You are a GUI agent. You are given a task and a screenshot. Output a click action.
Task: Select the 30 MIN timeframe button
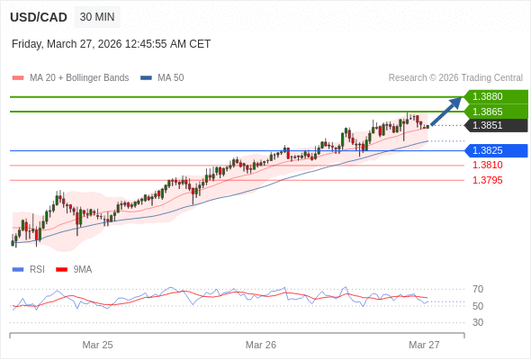coord(97,16)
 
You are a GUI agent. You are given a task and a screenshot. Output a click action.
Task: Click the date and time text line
coord(112,43)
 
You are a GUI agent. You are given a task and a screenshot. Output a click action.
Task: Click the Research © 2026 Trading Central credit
coord(455,77)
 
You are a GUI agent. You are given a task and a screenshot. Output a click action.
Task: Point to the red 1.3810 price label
coord(487,165)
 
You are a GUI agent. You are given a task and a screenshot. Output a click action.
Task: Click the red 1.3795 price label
coord(487,180)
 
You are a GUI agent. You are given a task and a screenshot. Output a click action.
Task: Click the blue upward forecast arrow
coord(446,112)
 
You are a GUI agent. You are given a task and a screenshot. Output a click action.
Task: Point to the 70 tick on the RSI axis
coord(478,289)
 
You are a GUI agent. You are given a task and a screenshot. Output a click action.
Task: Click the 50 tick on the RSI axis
coord(478,306)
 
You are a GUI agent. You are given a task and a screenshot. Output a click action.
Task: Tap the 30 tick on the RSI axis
coord(478,322)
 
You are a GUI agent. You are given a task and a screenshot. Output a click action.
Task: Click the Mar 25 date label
coord(97,345)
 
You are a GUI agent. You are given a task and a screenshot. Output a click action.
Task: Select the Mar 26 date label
coord(261,345)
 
